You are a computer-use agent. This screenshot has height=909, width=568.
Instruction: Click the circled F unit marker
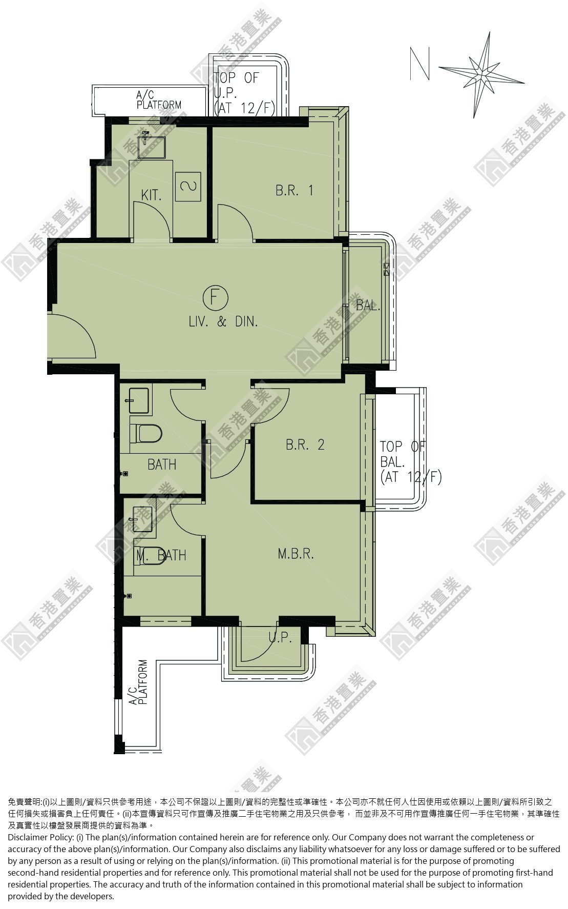click(x=216, y=297)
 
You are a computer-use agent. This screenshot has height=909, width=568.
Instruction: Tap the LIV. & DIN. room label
click(x=223, y=322)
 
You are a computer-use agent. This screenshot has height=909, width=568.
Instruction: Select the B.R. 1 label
click(x=294, y=190)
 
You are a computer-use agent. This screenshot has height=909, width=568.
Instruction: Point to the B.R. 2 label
click(x=305, y=445)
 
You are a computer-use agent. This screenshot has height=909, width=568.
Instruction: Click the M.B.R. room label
click(x=296, y=554)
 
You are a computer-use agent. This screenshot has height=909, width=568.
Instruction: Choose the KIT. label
click(x=151, y=195)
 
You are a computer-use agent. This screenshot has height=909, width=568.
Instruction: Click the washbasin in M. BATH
click(x=142, y=518)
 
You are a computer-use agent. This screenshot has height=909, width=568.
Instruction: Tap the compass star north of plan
click(x=481, y=75)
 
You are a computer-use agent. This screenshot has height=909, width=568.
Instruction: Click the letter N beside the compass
click(x=419, y=64)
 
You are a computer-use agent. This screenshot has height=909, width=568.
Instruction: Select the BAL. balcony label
click(x=368, y=306)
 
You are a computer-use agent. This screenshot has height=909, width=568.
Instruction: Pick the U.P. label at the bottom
click(x=280, y=637)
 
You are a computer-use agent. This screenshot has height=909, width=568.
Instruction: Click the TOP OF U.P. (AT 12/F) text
click(x=244, y=93)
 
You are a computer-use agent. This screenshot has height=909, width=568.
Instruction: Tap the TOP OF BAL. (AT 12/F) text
click(x=410, y=461)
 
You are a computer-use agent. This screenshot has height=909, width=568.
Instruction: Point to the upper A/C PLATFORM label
click(x=159, y=100)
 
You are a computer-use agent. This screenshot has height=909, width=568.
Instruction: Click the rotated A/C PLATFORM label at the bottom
click(x=138, y=682)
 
